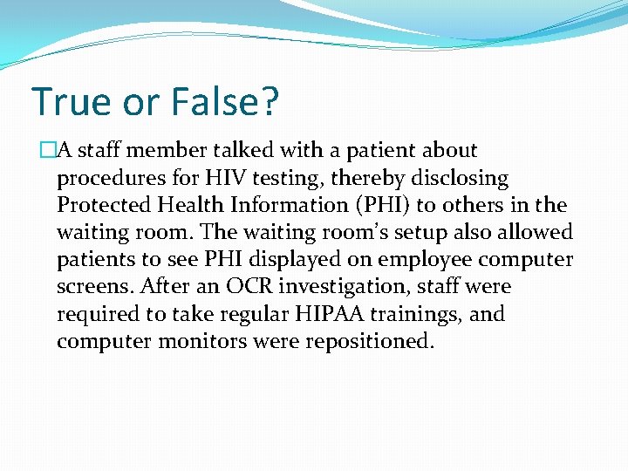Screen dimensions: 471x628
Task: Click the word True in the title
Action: coord(72,101)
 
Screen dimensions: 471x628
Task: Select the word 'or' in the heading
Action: coord(141,103)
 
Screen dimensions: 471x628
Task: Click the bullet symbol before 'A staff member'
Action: coord(49,151)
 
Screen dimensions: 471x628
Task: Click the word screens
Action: coord(91,287)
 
